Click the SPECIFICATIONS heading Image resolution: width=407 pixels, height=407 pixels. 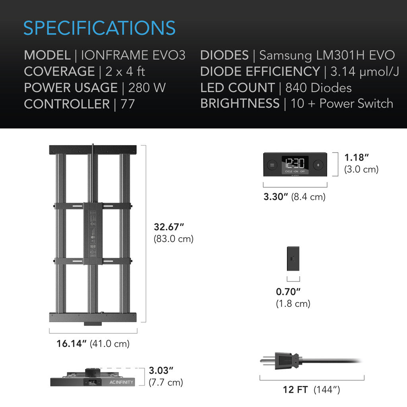click(99, 28)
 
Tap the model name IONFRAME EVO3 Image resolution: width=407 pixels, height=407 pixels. click(133, 55)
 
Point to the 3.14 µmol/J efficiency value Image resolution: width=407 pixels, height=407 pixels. click(364, 72)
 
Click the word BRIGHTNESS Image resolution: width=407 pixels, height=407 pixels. click(240, 104)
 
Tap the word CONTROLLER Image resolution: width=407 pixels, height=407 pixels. click(67, 104)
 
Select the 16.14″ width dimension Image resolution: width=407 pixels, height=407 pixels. click(72, 343)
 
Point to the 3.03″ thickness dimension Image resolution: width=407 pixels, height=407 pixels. click(161, 371)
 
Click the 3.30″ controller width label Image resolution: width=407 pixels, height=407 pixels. click(275, 196)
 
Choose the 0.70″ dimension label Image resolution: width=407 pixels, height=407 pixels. click(288, 292)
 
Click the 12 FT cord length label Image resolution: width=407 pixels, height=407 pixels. click(295, 390)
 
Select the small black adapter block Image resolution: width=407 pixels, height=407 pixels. click(293, 259)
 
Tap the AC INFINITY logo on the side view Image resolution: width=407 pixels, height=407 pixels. click(122, 382)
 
